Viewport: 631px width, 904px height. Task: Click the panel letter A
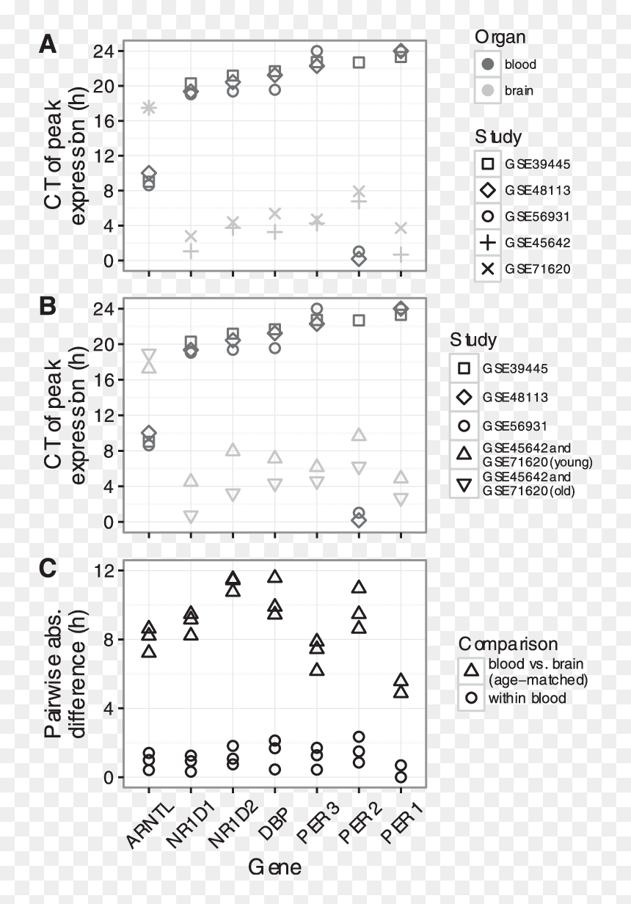point(48,43)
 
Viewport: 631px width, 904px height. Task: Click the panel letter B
point(48,306)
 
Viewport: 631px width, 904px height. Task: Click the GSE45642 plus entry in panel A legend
point(523,243)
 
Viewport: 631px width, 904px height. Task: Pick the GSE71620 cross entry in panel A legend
point(523,269)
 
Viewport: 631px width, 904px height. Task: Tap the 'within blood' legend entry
point(512,698)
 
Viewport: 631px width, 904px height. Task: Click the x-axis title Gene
point(274,867)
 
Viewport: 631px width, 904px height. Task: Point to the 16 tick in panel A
point(103,120)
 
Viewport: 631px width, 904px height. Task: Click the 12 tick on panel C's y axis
point(103,570)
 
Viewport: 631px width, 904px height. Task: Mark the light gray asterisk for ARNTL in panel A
point(149,108)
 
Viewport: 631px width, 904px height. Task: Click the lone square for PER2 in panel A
point(359,62)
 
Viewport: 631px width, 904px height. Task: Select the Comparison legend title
point(508,644)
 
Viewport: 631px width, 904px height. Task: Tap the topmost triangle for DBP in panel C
point(274,576)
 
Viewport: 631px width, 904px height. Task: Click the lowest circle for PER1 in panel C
point(401,777)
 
